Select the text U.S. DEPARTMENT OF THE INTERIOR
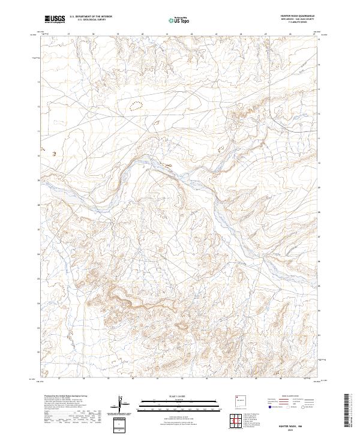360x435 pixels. click(91, 17)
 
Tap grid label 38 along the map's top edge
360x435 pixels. click(95, 34)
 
